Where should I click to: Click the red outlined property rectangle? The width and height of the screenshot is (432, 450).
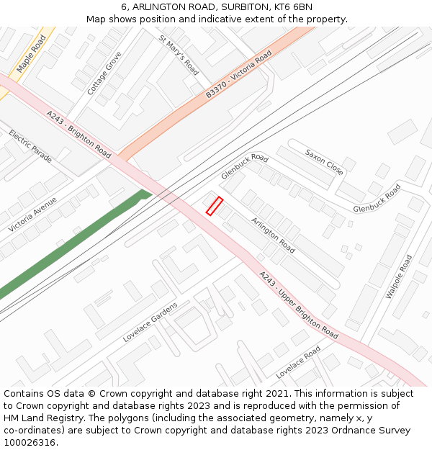tap(215, 206)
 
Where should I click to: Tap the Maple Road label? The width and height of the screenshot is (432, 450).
tap(31, 53)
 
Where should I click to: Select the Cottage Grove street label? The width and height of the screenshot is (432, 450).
tap(104, 73)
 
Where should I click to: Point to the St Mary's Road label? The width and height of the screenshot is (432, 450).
tap(179, 55)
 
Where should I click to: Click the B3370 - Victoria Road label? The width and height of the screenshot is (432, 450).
tap(238, 74)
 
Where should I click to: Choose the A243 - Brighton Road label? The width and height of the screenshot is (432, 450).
tap(79, 134)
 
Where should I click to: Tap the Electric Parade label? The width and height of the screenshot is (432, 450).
tap(30, 146)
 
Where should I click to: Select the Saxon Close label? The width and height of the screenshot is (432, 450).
tap(324, 162)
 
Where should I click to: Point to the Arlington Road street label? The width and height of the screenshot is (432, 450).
tap(273, 235)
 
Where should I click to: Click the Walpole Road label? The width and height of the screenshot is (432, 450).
tap(399, 276)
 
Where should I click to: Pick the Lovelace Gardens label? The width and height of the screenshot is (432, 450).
tap(150, 322)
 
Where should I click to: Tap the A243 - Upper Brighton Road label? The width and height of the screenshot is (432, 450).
tap(298, 305)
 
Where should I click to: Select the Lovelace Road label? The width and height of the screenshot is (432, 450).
tap(298, 362)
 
